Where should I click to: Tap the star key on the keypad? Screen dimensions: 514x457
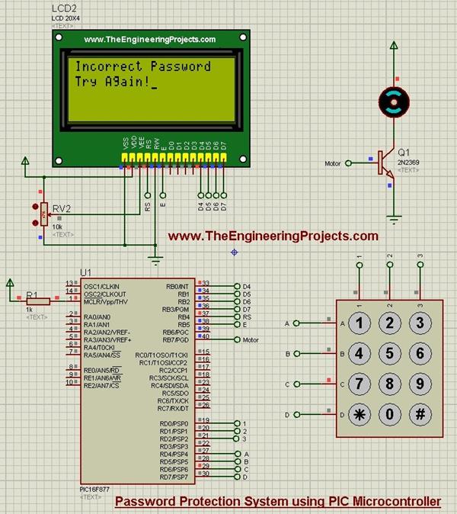click(x=360, y=415)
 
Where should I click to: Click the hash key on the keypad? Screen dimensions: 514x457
click(x=420, y=415)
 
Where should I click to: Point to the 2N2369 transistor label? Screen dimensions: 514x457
click(x=409, y=161)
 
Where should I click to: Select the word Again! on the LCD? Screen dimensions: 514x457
click(x=126, y=82)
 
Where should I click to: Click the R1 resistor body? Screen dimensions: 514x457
click(x=38, y=300)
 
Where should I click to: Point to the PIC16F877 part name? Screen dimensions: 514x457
click(x=95, y=489)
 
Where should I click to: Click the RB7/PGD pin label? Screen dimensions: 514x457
click(x=177, y=339)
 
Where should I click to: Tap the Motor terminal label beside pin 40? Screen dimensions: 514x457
click(x=251, y=339)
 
